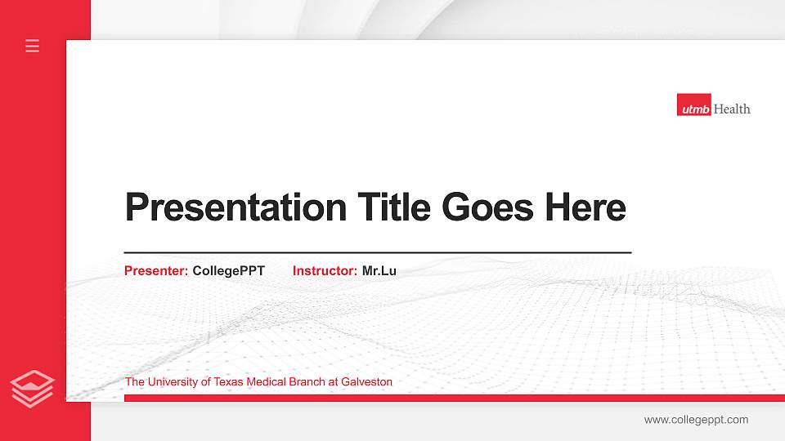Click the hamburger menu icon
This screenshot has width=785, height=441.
click(33, 46)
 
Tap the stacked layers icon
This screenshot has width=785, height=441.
click(33, 387)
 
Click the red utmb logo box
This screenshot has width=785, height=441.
click(693, 105)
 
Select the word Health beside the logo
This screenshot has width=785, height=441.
click(732, 109)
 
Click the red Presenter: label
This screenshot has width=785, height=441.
click(156, 270)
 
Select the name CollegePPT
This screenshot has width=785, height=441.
click(229, 270)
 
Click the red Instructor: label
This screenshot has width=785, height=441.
click(325, 270)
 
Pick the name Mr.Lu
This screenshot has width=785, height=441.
click(379, 270)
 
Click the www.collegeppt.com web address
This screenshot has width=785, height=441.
click(696, 420)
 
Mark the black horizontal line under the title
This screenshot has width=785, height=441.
click(377, 253)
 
